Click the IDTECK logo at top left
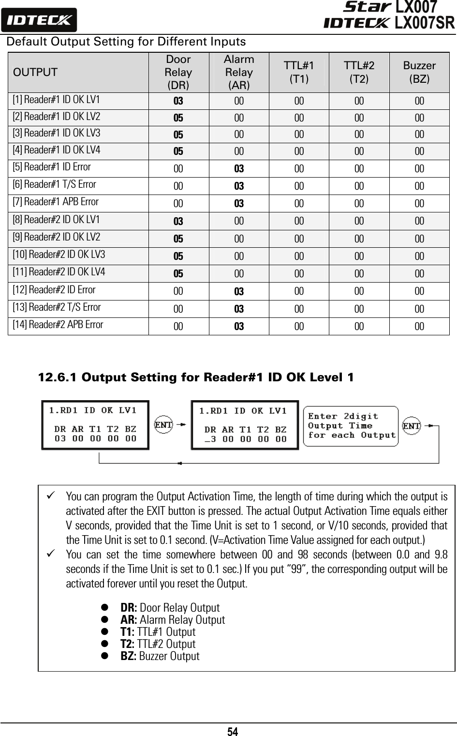point(38,20)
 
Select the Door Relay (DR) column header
point(178,72)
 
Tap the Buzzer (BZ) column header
point(419,72)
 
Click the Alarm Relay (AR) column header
point(239,72)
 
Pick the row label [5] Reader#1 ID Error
point(52,167)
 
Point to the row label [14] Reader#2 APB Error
point(58,324)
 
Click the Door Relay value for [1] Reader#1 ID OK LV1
point(178,102)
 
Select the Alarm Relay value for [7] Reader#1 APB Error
point(239,203)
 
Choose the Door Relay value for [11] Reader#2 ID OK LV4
point(178,274)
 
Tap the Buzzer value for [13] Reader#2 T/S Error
point(419,309)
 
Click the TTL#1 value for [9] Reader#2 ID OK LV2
point(299,239)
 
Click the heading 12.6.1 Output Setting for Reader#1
point(196,377)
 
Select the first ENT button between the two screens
point(163,424)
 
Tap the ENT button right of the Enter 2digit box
point(412,426)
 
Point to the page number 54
point(233,731)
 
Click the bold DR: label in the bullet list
point(129,608)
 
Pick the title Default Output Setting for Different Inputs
point(126,42)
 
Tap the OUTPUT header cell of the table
point(35,73)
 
